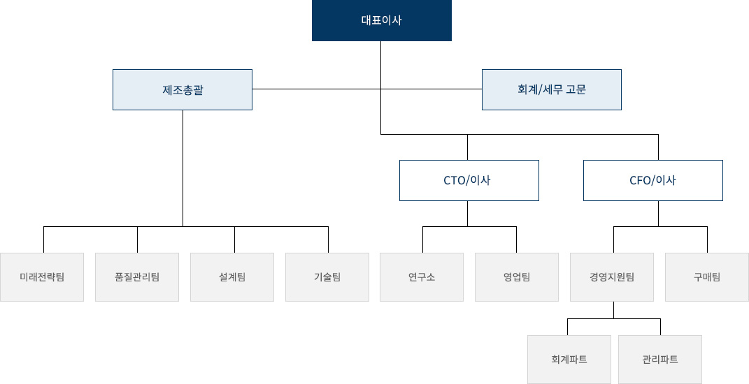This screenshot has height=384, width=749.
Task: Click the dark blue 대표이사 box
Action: pyautogui.click(x=382, y=20)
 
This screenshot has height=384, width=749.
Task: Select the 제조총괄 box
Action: pyautogui.click(x=183, y=89)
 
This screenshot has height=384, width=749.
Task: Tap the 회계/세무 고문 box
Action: pyautogui.click(x=552, y=89)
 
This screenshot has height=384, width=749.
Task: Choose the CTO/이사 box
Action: pyautogui.click(x=469, y=180)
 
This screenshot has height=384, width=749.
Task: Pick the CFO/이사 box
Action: pyautogui.click(x=653, y=180)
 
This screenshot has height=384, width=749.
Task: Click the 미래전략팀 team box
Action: pyautogui.click(x=42, y=277)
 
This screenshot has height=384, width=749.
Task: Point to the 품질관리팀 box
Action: pyautogui.click(x=137, y=277)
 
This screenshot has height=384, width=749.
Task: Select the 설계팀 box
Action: pyautogui.click(x=232, y=277)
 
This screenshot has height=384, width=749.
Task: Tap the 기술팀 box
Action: pyautogui.click(x=327, y=277)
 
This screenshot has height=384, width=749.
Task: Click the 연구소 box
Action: pyautogui.click(x=422, y=277)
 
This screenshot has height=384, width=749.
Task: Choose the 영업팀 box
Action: pyautogui.click(x=517, y=277)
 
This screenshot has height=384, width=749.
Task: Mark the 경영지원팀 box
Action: pyautogui.click(x=612, y=277)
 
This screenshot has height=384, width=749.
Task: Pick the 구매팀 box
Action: pyautogui.click(x=707, y=277)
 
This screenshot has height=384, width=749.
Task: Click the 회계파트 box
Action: pyautogui.click(x=569, y=359)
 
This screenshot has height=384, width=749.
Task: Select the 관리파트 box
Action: pyautogui.click(x=660, y=359)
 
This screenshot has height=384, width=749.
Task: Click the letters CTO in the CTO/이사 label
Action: pyautogui.click(x=455, y=180)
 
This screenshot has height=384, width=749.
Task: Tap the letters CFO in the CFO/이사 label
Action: pyautogui.click(x=641, y=180)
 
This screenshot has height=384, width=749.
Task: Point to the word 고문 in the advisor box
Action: pyautogui.click(x=576, y=89)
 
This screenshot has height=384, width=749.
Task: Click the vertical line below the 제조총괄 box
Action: pyautogui.click(x=183, y=168)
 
